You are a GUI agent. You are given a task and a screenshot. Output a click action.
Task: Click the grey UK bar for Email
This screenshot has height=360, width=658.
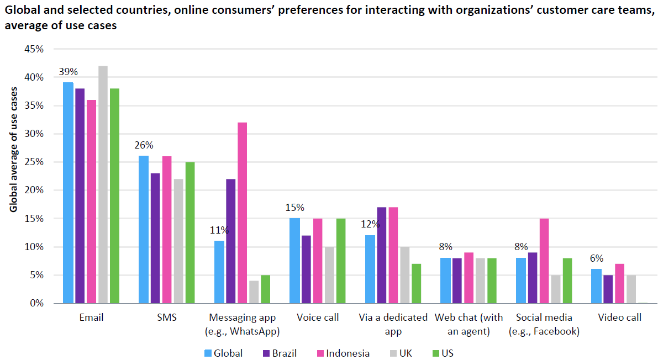[x=103, y=184]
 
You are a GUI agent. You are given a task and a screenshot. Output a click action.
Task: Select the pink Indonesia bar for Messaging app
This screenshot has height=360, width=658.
[x=243, y=213]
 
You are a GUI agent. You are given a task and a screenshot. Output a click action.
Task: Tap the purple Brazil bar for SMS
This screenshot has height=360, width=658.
[x=155, y=238]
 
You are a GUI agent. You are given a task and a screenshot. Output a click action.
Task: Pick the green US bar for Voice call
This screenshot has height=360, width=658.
[x=341, y=261]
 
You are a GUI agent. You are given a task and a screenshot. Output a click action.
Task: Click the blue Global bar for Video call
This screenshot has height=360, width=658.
[x=596, y=286]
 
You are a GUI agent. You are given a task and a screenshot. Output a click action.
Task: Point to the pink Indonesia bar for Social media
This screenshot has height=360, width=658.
[x=544, y=261]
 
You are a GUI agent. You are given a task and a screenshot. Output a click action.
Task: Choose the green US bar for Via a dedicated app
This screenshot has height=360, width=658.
[x=417, y=283]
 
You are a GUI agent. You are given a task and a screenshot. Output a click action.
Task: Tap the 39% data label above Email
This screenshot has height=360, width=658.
[x=69, y=72]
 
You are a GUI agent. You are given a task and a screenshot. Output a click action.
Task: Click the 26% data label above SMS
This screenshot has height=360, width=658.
[x=144, y=145]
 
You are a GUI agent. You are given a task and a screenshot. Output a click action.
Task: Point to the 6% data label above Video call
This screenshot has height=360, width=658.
[x=596, y=258]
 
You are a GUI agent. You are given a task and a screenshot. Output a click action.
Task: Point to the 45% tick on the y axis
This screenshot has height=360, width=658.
[x=34, y=49]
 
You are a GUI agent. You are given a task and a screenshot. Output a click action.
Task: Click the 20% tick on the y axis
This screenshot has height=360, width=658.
[x=34, y=190]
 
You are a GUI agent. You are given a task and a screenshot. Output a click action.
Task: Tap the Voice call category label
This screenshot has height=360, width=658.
[x=318, y=318]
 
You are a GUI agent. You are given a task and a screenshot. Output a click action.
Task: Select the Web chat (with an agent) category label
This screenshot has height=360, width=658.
[x=469, y=325]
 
